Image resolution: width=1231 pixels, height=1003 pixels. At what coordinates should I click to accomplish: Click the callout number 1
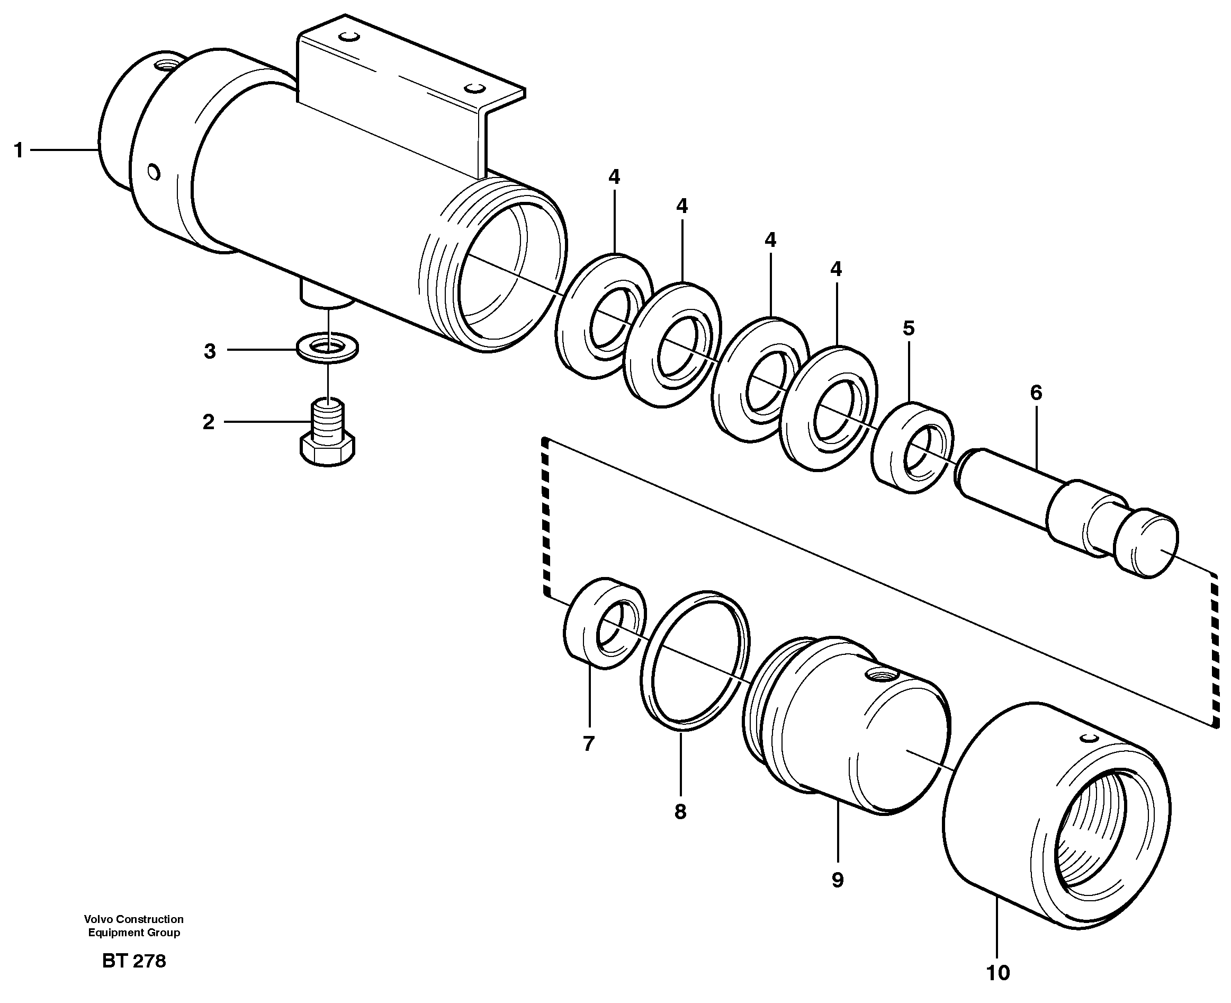19,151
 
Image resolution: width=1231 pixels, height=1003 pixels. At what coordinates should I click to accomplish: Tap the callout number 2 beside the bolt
209,422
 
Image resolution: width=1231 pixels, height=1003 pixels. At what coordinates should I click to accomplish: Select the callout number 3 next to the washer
210,351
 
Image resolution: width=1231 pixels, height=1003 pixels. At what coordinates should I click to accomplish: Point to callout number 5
909,329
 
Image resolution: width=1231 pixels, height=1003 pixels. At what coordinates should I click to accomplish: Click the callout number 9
837,881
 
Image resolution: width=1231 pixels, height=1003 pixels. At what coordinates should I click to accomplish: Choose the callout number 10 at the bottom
998,973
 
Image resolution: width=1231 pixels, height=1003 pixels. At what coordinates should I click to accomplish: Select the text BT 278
134,961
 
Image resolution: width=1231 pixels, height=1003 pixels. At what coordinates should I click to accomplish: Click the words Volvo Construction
133,919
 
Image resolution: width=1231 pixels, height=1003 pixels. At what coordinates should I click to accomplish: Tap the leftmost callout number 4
614,177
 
